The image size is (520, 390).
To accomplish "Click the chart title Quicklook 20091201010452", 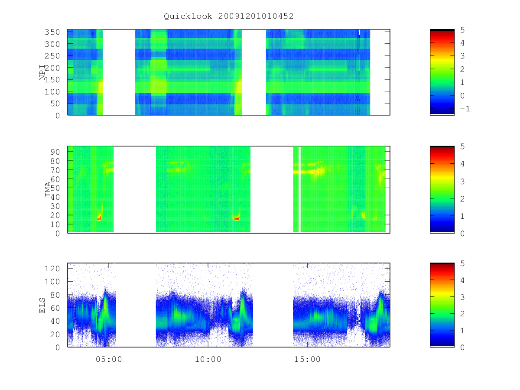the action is (x=228, y=16).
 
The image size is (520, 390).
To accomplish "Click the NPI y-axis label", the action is (x=42, y=72).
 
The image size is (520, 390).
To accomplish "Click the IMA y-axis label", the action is (x=48, y=189).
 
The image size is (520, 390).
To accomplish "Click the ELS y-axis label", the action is (x=42, y=305).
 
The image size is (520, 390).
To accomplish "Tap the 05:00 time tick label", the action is (x=109, y=359).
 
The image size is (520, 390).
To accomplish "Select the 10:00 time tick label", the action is (x=208, y=359).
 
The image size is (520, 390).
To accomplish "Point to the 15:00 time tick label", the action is (x=307, y=359).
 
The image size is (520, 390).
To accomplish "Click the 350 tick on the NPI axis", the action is (x=52, y=32).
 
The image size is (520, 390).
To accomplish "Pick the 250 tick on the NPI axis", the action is (x=52, y=56).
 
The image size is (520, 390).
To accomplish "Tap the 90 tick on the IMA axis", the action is (x=55, y=152).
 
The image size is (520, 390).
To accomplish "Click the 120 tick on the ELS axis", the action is (x=52, y=269).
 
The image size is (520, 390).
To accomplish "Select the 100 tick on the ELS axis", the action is (x=52, y=282).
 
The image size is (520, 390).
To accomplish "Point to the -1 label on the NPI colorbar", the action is (x=465, y=109).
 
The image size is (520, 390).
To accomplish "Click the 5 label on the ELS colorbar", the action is (x=462, y=263).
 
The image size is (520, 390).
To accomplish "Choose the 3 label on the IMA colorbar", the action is (x=462, y=182).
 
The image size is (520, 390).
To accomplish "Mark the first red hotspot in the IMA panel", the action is (x=99, y=218).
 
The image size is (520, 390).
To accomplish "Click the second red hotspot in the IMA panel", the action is (x=237, y=218).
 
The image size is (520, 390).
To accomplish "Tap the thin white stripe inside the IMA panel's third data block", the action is (x=300, y=189).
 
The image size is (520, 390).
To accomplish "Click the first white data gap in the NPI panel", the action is (x=119, y=72).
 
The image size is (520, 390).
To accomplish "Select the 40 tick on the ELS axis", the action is (x=55, y=321).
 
